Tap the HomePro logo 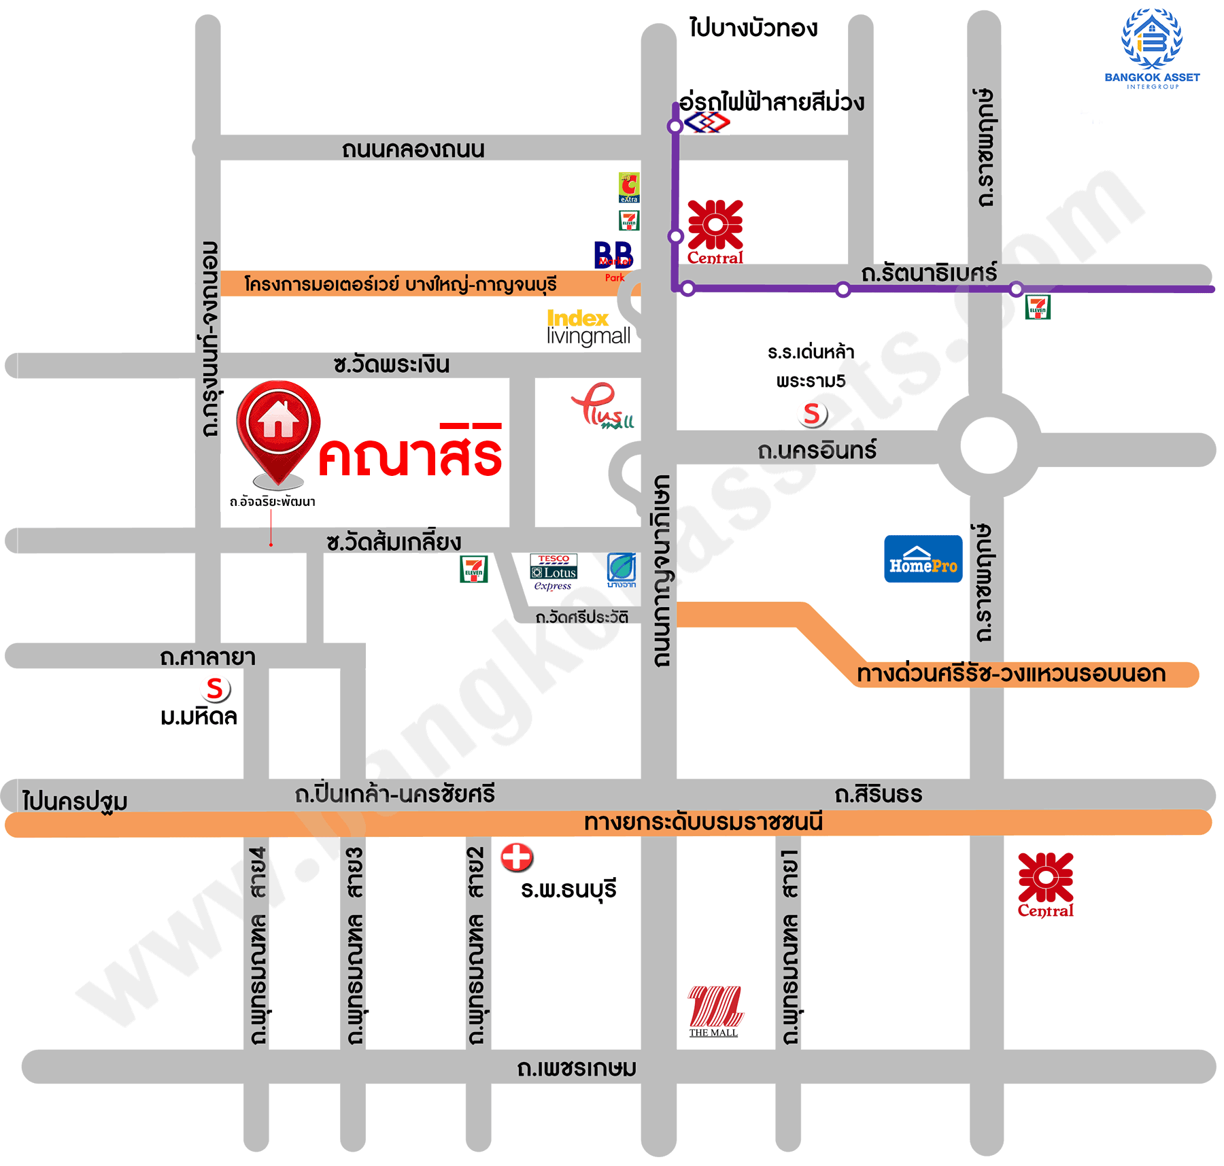click(x=923, y=559)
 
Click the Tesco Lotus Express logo click(x=554, y=572)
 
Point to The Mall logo click(x=714, y=1010)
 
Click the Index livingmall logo click(x=588, y=328)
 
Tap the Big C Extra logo click(x=629, y=188)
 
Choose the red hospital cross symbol click(x=517, y=857)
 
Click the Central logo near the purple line click(x=715, y=231)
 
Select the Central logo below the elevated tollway click(x=1045, y=884)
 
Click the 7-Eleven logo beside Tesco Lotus click(x=473, y=569)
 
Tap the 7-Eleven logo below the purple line click(x=1038, y=307)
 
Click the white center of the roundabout click(x=989, y=446)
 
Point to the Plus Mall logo click(x=602, y=407)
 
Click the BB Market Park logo click(x=613, y=260)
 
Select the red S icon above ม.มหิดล click(x=216, y=689)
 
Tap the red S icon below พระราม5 click(x=812, y=413)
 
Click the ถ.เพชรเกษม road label click(x=577, y=1067)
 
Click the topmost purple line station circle click(x=675, y=126)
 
